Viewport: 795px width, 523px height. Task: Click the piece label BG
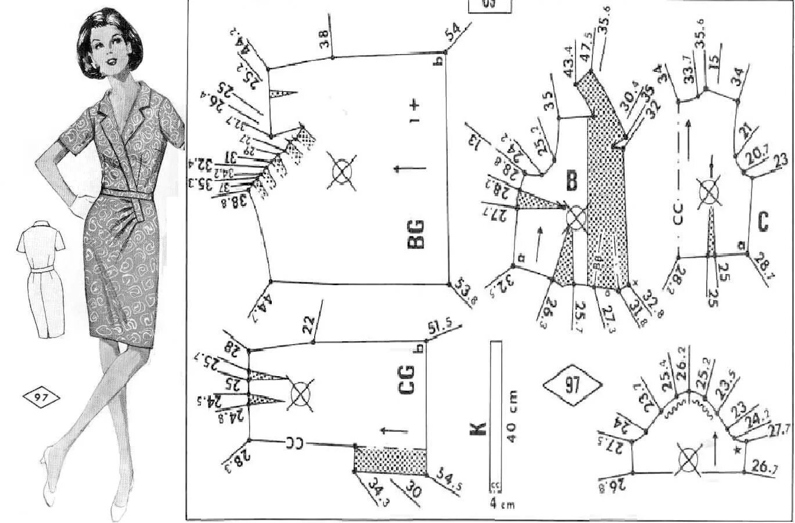point(416,234)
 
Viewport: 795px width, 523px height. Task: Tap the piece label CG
point(407,380)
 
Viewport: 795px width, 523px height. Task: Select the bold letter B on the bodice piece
point(571,182)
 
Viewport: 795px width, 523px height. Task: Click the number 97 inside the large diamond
point(572,385)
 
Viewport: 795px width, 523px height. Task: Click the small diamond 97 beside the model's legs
point(41,398)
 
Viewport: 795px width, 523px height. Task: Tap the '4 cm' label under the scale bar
point(502,504)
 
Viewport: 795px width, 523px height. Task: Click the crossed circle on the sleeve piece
point(689,461)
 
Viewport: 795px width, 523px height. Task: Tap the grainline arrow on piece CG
point(392,431)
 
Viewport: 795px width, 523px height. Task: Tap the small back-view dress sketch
point(40,276)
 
